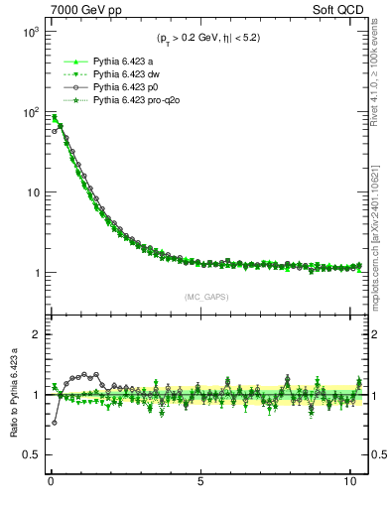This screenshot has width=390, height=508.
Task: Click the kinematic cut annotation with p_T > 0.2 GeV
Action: click(207, 38)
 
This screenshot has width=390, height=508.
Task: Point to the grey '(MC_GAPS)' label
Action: click(207, 297)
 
